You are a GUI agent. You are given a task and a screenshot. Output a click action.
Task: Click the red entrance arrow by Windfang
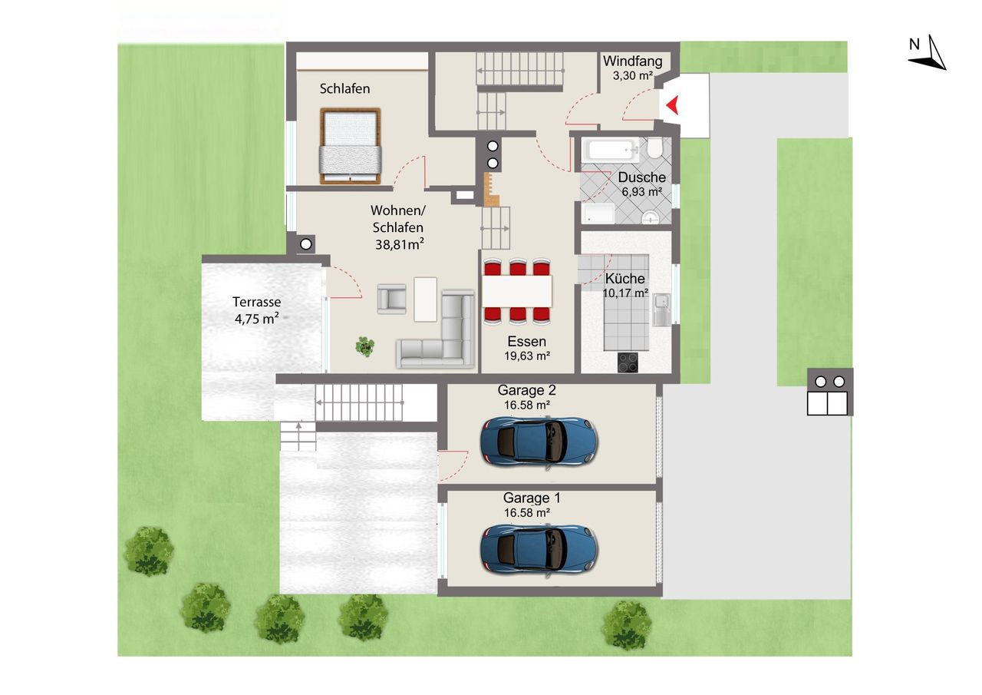tap(673, 105)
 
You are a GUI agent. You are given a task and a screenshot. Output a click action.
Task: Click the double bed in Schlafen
tap(351, 146)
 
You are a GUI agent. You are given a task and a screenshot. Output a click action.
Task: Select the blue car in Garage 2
tap(539, 441)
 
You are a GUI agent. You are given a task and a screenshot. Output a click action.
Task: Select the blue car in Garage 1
tap(539, 549)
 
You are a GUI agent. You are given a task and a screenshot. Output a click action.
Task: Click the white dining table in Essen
tap(517, 291)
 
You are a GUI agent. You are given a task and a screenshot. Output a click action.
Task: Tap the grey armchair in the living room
tap(392, 299)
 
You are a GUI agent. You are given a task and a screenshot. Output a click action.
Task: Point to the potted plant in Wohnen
tap(365, 346)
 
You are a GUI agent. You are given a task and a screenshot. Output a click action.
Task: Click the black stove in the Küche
tap(628, 362)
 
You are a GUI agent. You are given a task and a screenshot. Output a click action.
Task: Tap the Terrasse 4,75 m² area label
tap(257, 311)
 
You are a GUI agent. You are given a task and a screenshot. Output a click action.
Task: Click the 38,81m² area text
tap(400, 244)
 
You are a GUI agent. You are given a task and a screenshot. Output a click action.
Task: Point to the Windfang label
tap(633, 61)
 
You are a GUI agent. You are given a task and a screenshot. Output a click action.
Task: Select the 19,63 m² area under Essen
tap(527, 356)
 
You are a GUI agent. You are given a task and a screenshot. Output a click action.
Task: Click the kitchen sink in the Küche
tap(662, 309)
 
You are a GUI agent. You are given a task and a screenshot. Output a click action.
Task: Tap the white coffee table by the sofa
tap(425, 300)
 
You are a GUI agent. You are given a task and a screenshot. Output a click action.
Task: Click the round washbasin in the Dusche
tap(651, 217)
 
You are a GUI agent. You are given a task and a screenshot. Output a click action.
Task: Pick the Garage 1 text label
tap(532, 498)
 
